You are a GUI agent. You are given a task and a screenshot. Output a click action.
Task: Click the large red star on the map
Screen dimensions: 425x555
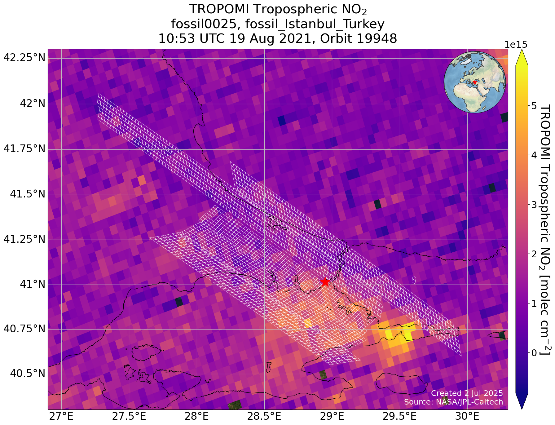pos(325,282)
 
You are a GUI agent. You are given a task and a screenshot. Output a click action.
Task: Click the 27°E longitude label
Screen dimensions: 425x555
pos(62,416)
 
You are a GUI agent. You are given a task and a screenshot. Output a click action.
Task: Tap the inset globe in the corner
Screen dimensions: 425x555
pos(475,82)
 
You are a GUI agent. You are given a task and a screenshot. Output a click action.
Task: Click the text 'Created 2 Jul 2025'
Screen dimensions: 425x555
pos(467,393)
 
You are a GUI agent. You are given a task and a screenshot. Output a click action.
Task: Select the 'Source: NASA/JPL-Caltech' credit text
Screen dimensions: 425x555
pos(453,402)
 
